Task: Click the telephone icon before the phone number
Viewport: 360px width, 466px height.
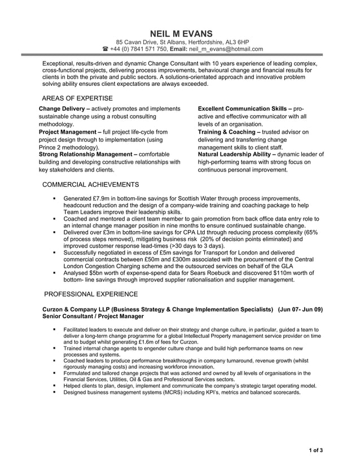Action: (105, 49)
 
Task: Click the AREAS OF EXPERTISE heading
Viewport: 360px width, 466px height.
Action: (77, 98)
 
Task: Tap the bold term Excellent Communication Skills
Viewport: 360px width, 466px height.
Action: (243, 108)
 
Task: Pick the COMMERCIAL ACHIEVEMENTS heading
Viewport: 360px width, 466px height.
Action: (91, 184)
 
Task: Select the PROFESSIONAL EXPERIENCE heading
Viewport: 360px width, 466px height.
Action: (91, 294)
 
